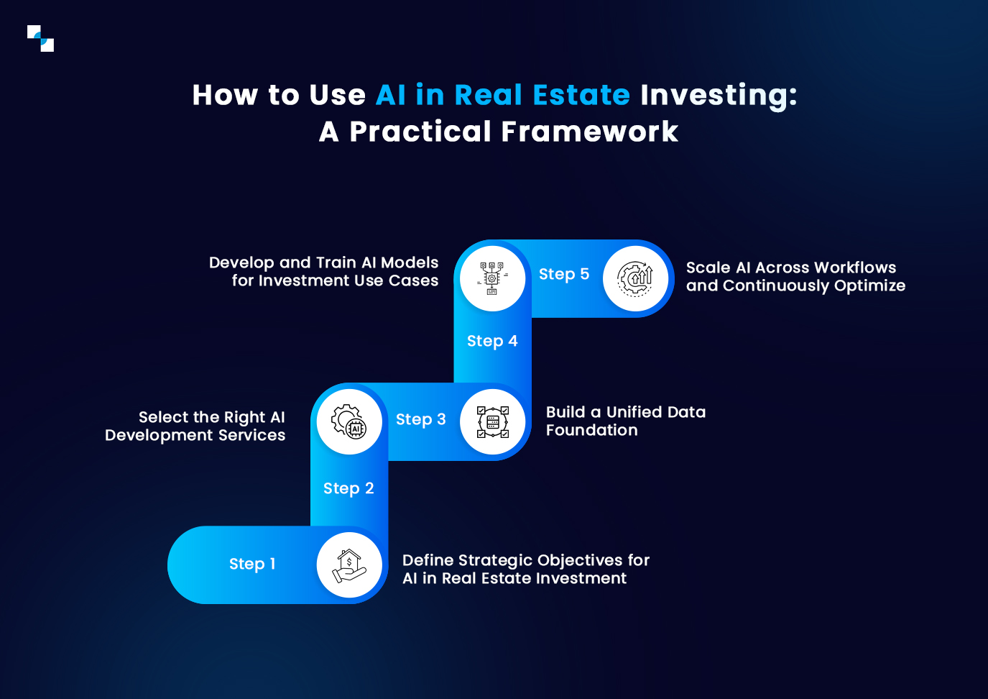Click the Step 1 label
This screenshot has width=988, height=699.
coord(252,564)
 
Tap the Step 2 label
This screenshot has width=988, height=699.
coord(348,488)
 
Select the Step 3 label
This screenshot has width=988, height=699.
coord(421,419)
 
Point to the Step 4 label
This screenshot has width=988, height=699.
coord(492,341)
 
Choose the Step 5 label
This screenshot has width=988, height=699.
coord(564,274)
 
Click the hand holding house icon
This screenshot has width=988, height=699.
coord(349,565)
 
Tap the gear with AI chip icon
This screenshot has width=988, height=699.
coord(349,421)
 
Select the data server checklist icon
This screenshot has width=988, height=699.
coord(493,422)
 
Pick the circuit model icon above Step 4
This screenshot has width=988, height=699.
coord(493,279)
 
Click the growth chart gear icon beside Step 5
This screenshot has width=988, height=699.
coord(636,279)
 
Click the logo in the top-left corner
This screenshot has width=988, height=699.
coord(40,39)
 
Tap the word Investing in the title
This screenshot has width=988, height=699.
coord(719,96)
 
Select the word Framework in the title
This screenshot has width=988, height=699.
coord(589,132)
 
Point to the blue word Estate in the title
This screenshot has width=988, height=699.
coord(581,95)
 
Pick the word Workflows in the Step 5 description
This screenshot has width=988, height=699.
coord(855,268)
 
